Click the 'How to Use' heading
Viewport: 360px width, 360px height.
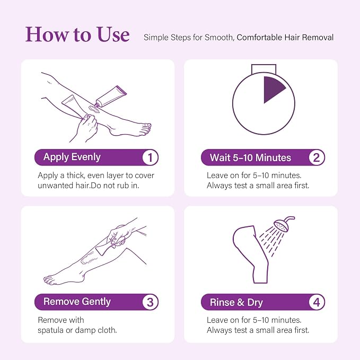(77, 34)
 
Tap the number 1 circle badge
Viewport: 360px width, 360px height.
(150, 157)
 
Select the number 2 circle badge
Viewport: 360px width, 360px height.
(317, 157)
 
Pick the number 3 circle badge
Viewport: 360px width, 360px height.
(150, 302)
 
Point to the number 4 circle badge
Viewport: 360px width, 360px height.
(317, 302)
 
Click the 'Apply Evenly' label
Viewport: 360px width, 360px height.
(72, 157)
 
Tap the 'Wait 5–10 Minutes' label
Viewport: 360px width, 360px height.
(250, 157)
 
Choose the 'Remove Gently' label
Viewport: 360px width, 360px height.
(77, 302)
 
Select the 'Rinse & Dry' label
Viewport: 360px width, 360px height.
(236, 302)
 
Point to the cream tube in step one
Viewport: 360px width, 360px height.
(111, 96)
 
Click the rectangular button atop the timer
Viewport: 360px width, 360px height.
(264, 68)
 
